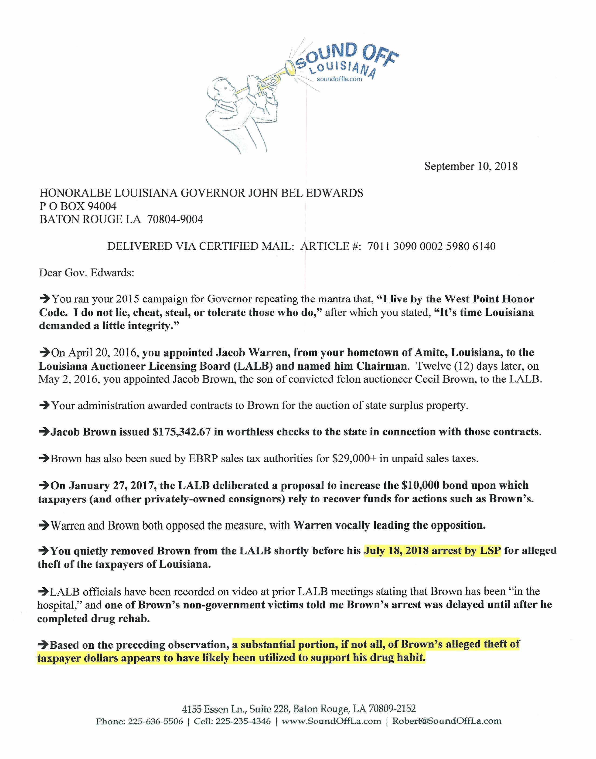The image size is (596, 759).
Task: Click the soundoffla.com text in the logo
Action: coord(339,79)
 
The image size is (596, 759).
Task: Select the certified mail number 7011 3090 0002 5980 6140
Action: coord(431,246)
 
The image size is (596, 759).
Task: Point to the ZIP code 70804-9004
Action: coord(175,219)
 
